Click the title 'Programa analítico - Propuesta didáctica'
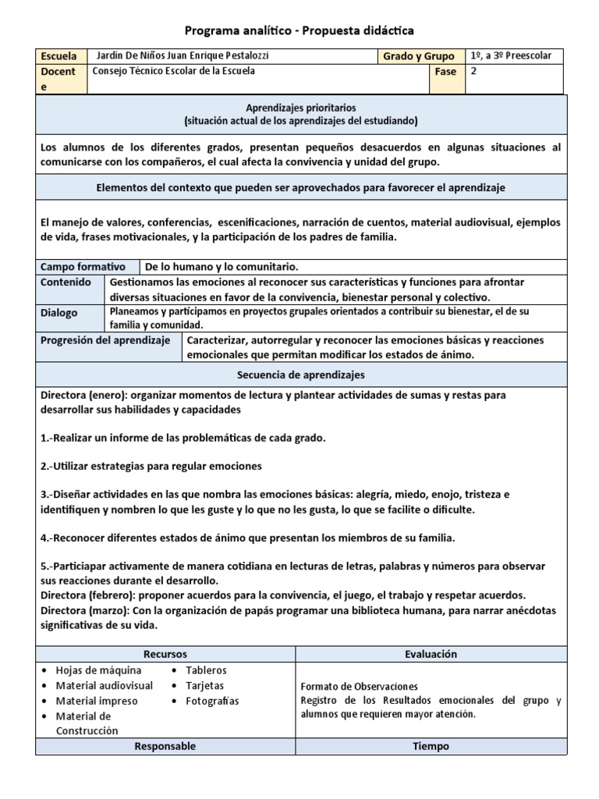[x=299, y=30]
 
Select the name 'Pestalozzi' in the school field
[x=247, y=55]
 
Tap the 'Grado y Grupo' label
[x=418, y=56]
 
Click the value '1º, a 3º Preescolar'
[x=511, y=55]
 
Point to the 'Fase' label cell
[x=445, y=71]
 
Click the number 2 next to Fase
[x=473, y=70]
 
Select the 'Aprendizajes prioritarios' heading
[x=300, y=107]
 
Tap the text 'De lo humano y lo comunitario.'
[x=222, y=266]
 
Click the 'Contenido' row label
[x=66, y=282]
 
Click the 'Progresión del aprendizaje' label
[x=105, y=340]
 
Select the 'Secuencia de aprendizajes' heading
[x=300, y=375]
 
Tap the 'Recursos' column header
[x=165, y=654]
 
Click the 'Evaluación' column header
[x=431, y=654]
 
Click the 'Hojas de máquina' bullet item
[x=98, y=670]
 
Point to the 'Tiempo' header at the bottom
[x=431, y=746]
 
